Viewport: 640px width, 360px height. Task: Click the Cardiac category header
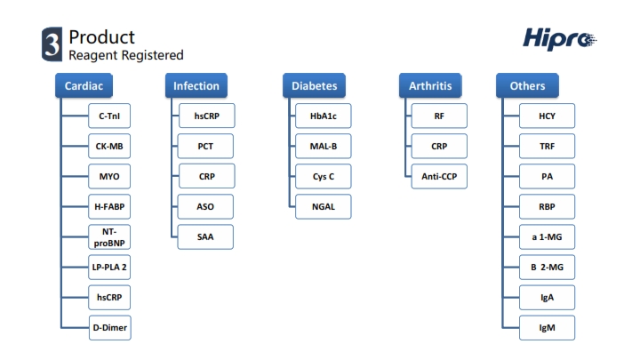pyautogui.click(x=84, y=85)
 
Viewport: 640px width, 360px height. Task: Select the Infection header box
pyautogui.click(x=196, y=85)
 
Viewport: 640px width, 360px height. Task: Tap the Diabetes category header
pyautogui.click(x=315, y=85)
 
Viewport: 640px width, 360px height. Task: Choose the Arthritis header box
pyautogui.click(x=430, y=85)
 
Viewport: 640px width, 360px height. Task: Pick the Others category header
pyautogui.click(x=527, y=85)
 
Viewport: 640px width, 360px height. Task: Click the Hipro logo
pyautogui.click(x=560, y=39)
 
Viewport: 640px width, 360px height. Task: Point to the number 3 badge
pyautogui.click(x=52, y=44)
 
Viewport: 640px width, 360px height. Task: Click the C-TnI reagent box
pyautogui.click(x=109, y=116)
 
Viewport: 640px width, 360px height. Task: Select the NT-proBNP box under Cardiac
pyautogui.click(x=109, y=236)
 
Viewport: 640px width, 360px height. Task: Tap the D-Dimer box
pyautogui.click(x=110, y=327)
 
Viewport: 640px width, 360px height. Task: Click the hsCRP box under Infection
pyautogui.click(x=206, y=116)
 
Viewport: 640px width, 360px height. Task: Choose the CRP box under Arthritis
pyautogui.click(x=439, y=146)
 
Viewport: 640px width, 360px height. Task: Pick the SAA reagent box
pyautogui.click(x=205, y=236)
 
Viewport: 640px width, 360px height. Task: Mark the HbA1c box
pyautogui.click(x=324, y=116)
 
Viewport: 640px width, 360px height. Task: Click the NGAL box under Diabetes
pyautogui.click(x=324, y=206)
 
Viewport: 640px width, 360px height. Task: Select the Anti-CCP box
pyautogui.click(x=439, y=176)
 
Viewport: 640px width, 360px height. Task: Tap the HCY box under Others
pyautogui.click(x=547, y=116)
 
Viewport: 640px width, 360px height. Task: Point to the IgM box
pyautogui.click(x=547, y=327)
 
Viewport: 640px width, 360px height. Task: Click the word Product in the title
pyautogui.click(x=101, y=37)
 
